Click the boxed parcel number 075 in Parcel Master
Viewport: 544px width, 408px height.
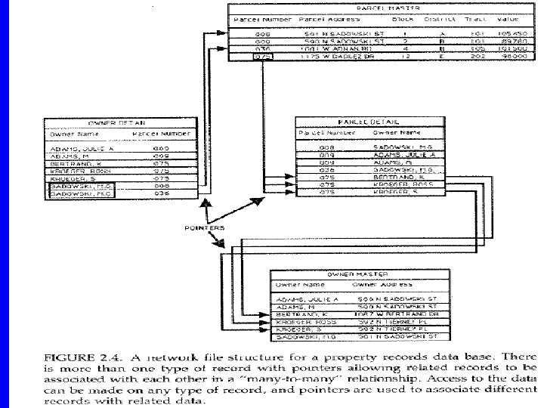[262, 56]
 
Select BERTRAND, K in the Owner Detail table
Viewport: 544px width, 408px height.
[71, 162]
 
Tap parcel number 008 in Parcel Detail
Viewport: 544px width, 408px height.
[326, 148]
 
